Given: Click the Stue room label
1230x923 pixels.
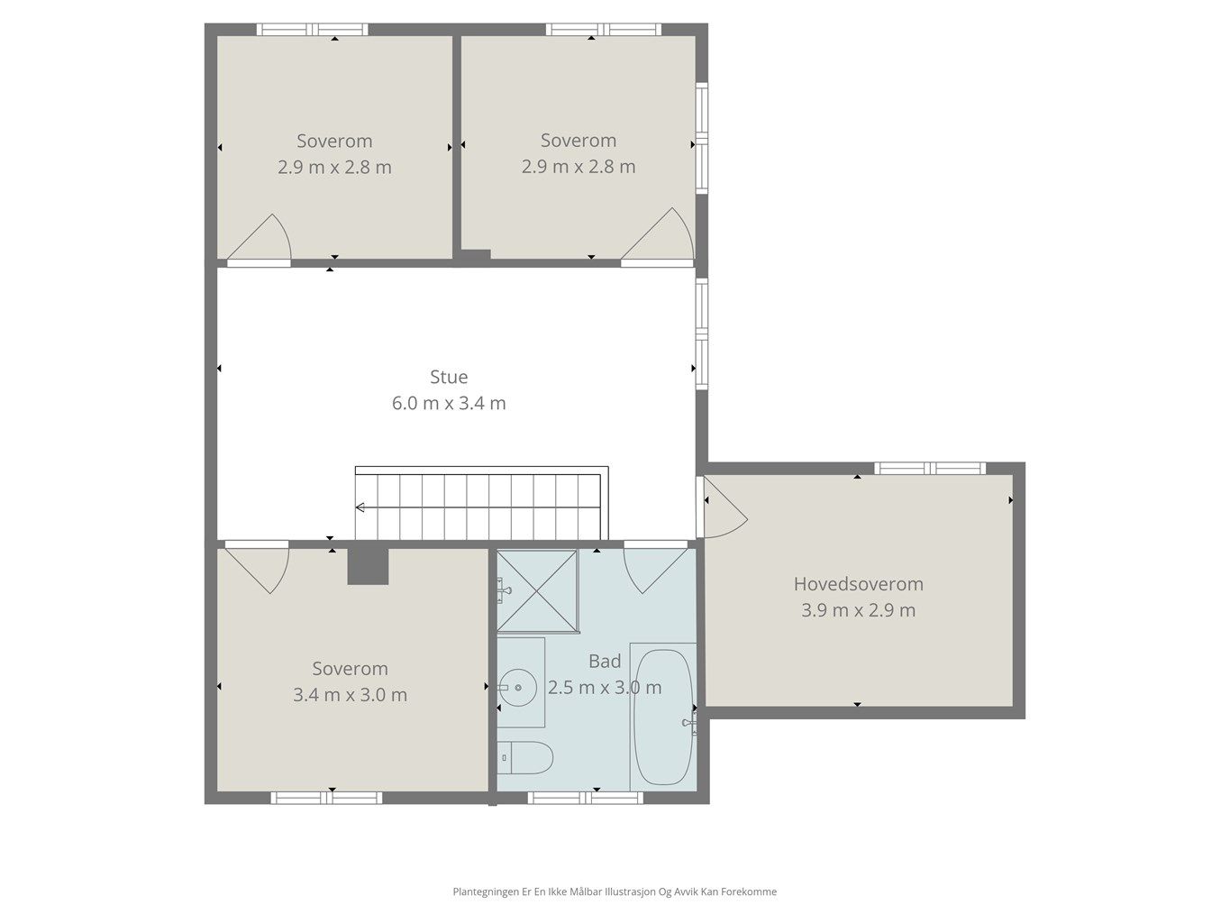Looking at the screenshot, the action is coord(448,377).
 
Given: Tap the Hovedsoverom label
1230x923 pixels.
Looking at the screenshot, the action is coord(858,584).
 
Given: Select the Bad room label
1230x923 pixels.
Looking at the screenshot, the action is coord(605,662).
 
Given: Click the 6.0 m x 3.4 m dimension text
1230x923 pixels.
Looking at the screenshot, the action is coord(448,403).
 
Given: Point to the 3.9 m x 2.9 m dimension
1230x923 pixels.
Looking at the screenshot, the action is coord(858,610).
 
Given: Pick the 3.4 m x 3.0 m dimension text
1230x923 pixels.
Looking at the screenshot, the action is coord(350,695).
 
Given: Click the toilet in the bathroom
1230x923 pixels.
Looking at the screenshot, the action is coord(525,758).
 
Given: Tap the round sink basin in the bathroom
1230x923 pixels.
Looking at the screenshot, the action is coord(517,687).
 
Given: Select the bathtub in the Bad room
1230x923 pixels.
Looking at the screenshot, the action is coord(663,717).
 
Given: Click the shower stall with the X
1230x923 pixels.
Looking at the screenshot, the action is coord(537,590).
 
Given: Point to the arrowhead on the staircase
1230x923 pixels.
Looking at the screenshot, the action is coord(360,507).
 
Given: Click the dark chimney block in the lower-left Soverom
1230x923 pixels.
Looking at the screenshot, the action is coord(368,566).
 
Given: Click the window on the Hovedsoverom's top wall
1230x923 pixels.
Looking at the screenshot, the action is coord(930,468).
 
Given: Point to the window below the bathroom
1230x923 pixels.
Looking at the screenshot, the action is coord(586,798).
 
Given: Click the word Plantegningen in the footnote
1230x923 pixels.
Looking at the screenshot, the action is coord(486,891).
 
